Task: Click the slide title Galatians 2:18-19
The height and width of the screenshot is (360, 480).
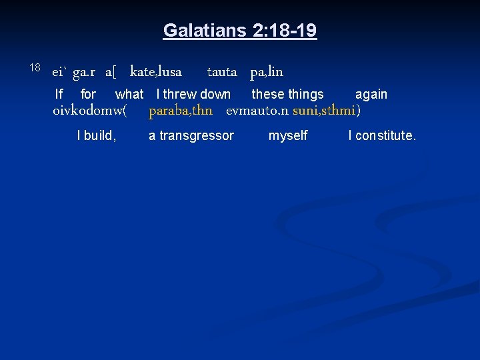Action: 240,31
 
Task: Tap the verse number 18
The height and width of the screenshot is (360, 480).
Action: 35,67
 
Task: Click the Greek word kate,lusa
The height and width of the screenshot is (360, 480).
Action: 156,71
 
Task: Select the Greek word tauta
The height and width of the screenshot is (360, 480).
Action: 222,71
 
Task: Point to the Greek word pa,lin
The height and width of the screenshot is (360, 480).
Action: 267,71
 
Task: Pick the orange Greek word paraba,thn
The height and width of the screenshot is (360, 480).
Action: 181,110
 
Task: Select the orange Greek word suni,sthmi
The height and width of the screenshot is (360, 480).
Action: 324,110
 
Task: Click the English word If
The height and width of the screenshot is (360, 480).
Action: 59,95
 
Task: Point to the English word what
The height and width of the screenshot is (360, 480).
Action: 129,95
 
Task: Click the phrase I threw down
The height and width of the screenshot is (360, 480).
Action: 193,95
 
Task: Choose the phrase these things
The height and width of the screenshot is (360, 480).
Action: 287,95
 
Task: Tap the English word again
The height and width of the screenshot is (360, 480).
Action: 371,95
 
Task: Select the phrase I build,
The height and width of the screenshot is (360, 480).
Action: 97,136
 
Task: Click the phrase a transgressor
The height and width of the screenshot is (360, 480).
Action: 191,136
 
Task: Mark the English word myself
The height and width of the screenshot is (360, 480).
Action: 288,136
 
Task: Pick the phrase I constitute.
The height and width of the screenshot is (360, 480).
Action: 382,136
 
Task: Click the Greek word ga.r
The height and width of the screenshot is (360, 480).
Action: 85,71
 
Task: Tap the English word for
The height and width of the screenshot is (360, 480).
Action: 88,95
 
